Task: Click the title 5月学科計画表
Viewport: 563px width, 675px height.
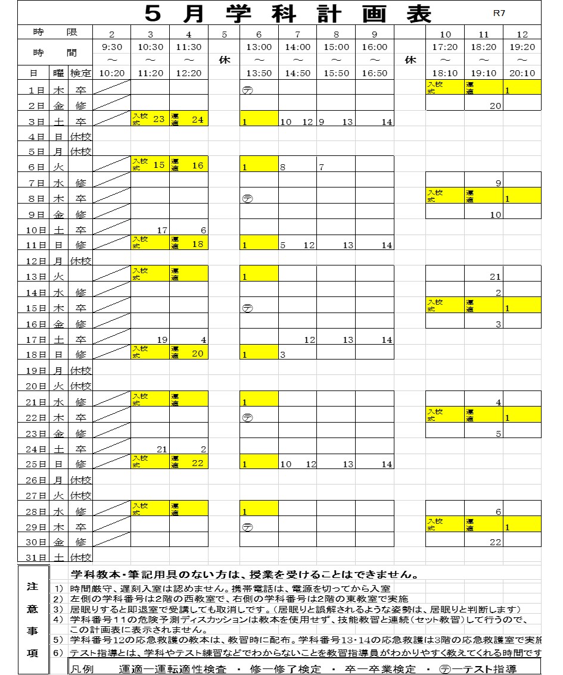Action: (288, 12)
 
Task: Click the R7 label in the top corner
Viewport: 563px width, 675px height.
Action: (499, 12)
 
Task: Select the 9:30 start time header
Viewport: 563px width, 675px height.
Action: (111, 47)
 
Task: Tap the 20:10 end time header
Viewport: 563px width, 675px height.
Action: (522, 73)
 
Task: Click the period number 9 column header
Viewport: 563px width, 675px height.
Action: (375, 34)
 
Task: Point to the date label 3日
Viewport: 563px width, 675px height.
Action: (39, 121)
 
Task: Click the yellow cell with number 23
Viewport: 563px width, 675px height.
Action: (150, 118)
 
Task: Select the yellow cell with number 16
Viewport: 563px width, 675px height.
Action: (189, 165)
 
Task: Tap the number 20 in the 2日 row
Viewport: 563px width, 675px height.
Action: (495, 105)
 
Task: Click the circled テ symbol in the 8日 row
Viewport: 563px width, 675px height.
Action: (247, 199)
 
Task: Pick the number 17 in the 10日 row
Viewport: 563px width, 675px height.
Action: (161, 230)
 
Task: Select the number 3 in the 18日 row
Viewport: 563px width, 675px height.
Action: (283, 355)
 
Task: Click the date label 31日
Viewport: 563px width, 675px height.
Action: (39, 557)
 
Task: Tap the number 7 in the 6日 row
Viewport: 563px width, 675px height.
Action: (321, 167)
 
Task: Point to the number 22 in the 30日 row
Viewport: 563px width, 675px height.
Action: (495, 542)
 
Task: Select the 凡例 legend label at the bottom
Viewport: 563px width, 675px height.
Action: (82, 668)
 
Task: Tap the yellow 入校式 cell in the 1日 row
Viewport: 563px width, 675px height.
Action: (445, 87)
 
